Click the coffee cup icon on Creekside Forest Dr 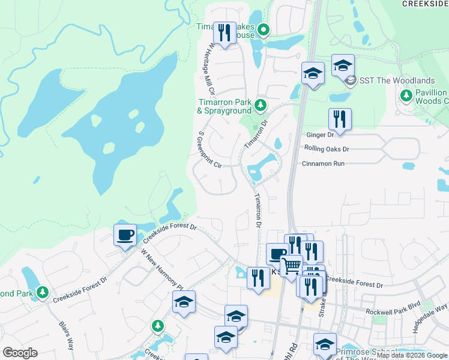point(125,235)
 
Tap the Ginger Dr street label point(319,136)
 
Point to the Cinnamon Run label point(323,163)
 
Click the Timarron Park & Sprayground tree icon point(260,106)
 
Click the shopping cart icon point(292,265)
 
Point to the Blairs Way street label point(66,335)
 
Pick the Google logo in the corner point(20,353)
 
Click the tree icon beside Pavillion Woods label point(406,95)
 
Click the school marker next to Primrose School point(325,344)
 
